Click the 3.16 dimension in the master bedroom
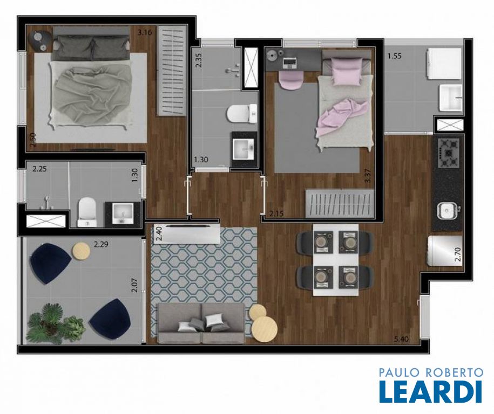click(x=145, y=32)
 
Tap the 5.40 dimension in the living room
click(x=401, y=339)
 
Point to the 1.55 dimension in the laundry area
click(x=394, y=57)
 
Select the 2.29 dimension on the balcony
click(x=101, y=244)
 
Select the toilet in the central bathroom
click(x=242, y=114)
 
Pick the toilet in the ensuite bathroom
click(x=87, y=212)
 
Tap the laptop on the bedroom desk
click(x=289, y=63)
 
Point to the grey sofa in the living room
click(x=201, y=323)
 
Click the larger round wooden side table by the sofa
click(x=265, y=328)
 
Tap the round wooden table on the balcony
click(x=82, y=251)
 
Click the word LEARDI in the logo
click(x=431, y=391)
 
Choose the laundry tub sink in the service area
click(x=451, y=98)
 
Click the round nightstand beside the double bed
click(x=40, y=41)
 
